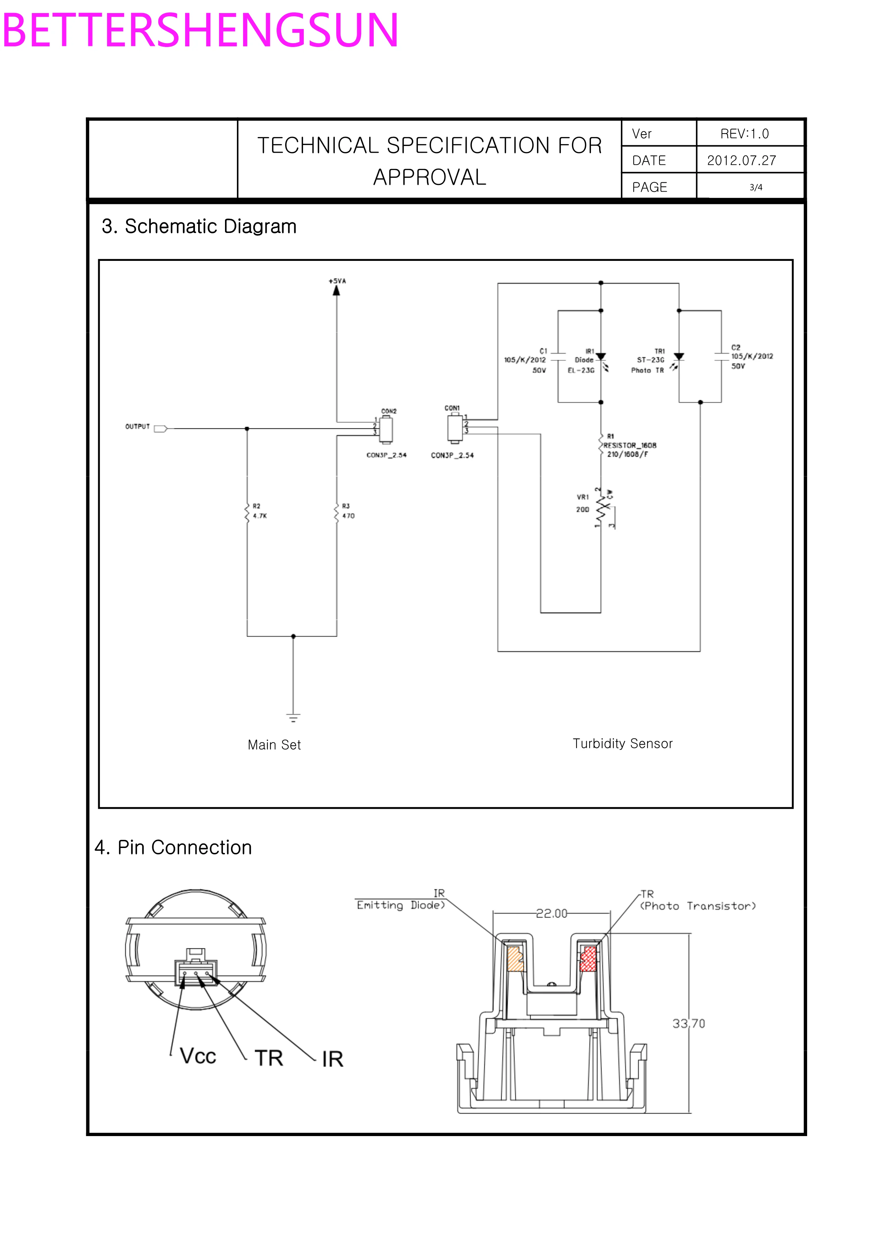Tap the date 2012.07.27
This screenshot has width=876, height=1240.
(742, 160)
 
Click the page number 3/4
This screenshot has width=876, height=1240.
(756, 187)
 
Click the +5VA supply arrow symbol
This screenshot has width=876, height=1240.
(336, 291)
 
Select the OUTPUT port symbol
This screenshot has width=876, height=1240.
(161, 429)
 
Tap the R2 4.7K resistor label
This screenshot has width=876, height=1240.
(259, 511)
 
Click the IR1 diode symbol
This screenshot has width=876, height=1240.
(601, 357)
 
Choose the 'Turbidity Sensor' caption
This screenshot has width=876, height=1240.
(622, 744)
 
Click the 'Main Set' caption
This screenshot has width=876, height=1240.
(274, 745)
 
